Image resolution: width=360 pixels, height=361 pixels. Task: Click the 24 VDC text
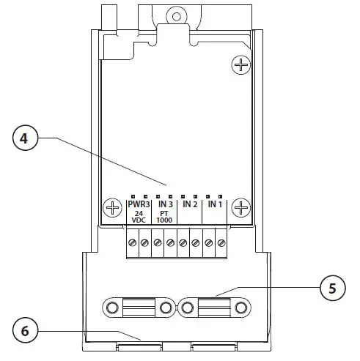click(x=139, y=217)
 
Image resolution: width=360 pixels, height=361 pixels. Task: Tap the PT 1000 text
click(x=165, y=217)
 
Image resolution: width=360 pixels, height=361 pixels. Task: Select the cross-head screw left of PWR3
click(x=112, y=209)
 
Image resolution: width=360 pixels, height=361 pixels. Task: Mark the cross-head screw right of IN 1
click(x=240, y=209)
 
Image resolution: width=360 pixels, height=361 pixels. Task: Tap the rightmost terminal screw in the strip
click(x=221, y=241)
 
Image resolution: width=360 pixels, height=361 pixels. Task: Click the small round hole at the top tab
click(x=175, y=14)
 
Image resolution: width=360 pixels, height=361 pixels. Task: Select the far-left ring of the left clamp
click(x=113, y=308)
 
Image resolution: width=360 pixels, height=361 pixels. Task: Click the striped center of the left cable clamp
click(x=140, y=308)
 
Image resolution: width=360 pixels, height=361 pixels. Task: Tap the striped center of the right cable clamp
click(x=213, y=308)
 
